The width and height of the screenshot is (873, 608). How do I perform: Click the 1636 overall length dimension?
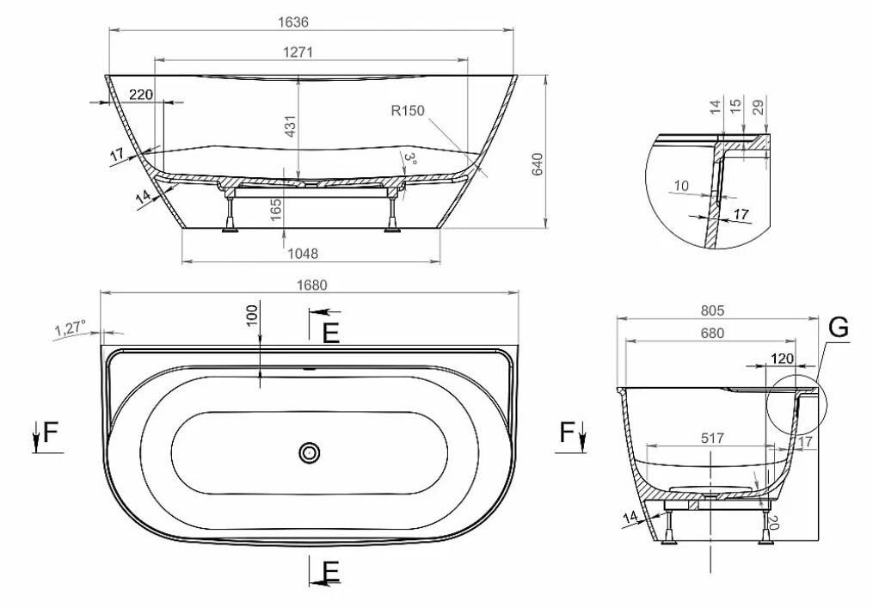(292, 21)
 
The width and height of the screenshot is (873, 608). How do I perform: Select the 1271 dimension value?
(298, 52)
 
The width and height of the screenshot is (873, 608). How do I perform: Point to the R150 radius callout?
(408, 111)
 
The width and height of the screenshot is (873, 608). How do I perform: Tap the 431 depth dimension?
(290, 126)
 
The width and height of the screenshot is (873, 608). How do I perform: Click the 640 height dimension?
(538, 163)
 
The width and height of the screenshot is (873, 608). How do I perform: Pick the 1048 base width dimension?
(303, 254)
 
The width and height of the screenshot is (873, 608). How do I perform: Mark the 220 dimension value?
(141, 95)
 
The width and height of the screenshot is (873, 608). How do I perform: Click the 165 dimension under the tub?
(276, 210)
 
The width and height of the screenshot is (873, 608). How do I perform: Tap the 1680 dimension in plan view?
(311, 285)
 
